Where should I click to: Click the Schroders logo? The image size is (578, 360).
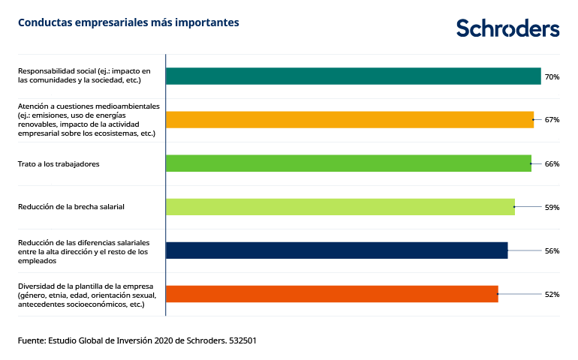pyautogui.click(x=507, y=28)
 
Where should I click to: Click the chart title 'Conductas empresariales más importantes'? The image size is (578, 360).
pyautogui.click(x=128, y=22)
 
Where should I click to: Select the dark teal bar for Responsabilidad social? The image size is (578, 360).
pyautogui.click(x=353, y=76)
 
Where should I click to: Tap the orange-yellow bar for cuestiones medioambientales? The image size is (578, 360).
pyautogui.click(x=349, y=120)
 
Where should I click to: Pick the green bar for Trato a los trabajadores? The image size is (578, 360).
pyautogui.click(x=348, y=163)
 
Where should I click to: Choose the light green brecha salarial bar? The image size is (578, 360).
pyautogui.click(x=339, y=207)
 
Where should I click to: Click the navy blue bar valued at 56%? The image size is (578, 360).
pyautogui.click(x=336, y=250)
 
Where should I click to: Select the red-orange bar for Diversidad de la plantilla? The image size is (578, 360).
pyautogui.click(x=331, y=294)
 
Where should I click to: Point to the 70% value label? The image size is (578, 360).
pyautogui.click(x=552, y=76)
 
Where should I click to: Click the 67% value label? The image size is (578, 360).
pyautogui.click(x=552, y=120)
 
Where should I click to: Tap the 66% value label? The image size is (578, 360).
pyautogui.click(x=552, y=163)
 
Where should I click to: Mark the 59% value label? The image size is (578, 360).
pyautogui.click(x=552, y=207)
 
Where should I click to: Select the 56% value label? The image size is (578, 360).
pyautogui.click(x=552, y=250)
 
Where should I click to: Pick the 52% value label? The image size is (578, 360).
pyautogui.click(x=552, y=294)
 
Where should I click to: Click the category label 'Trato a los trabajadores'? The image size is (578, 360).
pyautogui.click(x=59, y=163)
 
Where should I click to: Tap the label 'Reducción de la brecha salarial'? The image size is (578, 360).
pyautogui.click(x=71, y=207)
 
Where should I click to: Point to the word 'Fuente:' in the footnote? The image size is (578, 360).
pyautogui.click(x=32, y=340)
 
